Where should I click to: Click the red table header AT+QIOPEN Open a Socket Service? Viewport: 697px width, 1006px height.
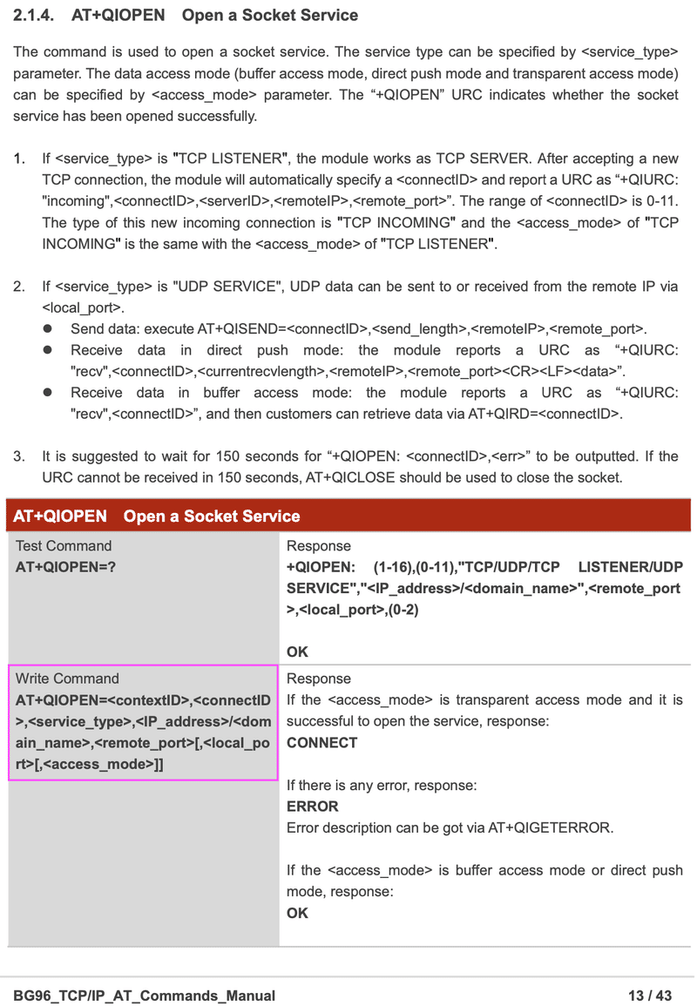click(x=157, y=517)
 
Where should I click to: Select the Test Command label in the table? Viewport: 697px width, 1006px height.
click(x=64, y=546)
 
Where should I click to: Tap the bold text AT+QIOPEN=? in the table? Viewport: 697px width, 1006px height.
click(x=65, y=567)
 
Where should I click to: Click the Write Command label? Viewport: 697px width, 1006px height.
click(x=67, y=679)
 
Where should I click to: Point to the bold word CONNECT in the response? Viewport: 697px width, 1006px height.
click(x=321, y=743)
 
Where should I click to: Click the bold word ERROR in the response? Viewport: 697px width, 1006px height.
click(x=312, y=807)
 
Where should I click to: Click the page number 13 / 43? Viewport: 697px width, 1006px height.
click(x=650, y=996)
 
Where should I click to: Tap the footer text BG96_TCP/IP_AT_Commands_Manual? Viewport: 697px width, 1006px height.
click(x=145, y=996)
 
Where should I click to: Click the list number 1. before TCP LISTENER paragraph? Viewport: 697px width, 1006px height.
click(x=19, y=159)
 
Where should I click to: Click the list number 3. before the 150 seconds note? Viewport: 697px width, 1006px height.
click(x=19, y=456)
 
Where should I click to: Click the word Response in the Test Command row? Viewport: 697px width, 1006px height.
click(x=319, y=546)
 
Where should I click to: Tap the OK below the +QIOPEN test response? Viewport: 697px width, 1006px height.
click(x=297, y=652)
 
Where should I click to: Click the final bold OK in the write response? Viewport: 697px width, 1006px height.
click(x=297, y=913)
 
